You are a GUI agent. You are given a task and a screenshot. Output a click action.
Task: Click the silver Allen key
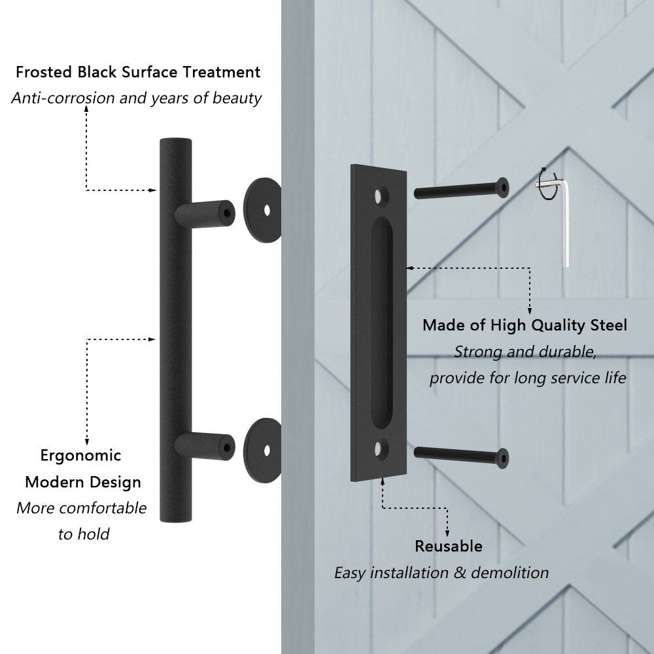(566, 222)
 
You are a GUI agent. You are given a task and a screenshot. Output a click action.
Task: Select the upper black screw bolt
(461, 190)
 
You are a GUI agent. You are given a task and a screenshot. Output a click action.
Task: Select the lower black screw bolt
(461, 455)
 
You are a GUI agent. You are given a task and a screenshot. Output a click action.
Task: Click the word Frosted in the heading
(43, 72)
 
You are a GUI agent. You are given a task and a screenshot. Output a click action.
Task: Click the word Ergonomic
(80, 455)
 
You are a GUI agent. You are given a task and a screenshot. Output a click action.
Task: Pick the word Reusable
(449, 546)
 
